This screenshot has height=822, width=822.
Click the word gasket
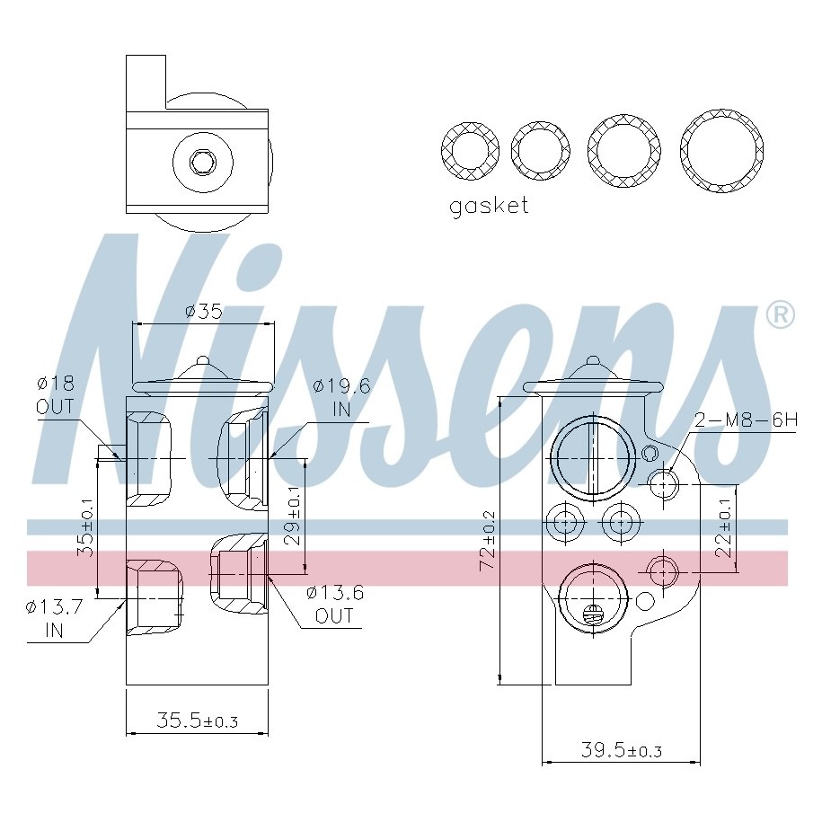tap(489, 206)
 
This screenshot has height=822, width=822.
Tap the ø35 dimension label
tap(204, 312)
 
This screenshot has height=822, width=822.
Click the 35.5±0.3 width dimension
tap(197, 720)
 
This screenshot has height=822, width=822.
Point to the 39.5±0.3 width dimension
tap(622, 750)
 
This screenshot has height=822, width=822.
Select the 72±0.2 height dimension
tap(489, 541)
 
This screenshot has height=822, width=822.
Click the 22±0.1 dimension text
tap(724, 527)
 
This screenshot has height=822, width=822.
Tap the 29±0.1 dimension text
tap(294, 516)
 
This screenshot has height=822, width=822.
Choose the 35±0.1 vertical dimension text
tap(86, 527)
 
